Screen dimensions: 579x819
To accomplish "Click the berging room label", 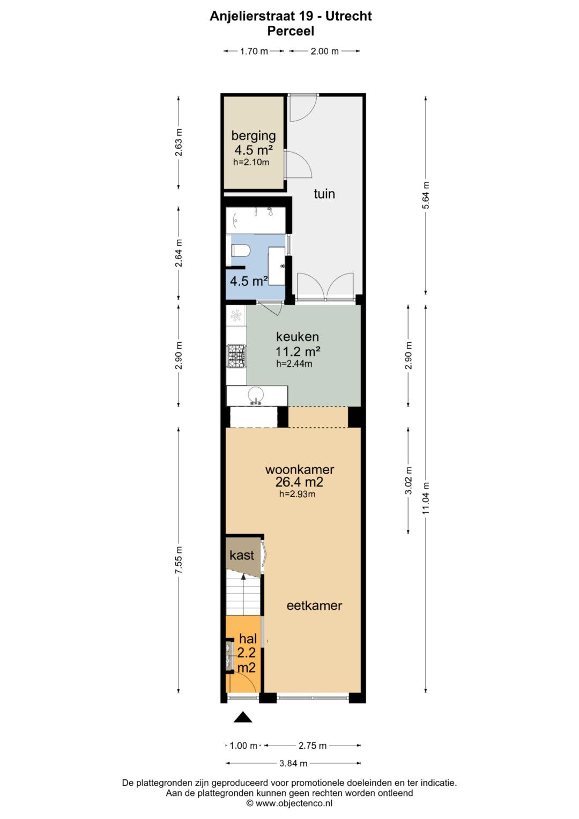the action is (x=253, y=136).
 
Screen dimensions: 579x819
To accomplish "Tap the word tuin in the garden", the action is (x=324, y=194).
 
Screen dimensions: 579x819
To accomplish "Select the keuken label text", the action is (x=297, y=336).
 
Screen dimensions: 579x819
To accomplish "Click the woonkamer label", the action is (x=299, y=469).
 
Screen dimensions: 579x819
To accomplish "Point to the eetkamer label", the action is (x=314, y=606).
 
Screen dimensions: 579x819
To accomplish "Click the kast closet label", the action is (x=242, y=555).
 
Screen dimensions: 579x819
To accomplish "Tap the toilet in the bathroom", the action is (x=240, y=251).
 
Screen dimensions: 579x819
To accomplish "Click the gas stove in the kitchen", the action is (x=236, y=356).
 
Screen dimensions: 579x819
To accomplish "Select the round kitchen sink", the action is (x=256, y=395).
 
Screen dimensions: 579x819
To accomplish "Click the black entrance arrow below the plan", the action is (x=243, y=717).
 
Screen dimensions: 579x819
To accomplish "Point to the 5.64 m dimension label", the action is (x=426, y=195).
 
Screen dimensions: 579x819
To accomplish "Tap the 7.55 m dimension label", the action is (x=179, y=560).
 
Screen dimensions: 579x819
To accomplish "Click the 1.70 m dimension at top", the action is (x=254, y=51).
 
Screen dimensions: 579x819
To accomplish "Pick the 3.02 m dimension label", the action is (x=409, y=481).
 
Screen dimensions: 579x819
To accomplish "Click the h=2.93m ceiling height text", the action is (x=297, y=494).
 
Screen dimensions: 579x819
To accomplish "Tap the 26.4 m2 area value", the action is (x=299, y=482).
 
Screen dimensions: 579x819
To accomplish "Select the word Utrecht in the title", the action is (x=348, y=17).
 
